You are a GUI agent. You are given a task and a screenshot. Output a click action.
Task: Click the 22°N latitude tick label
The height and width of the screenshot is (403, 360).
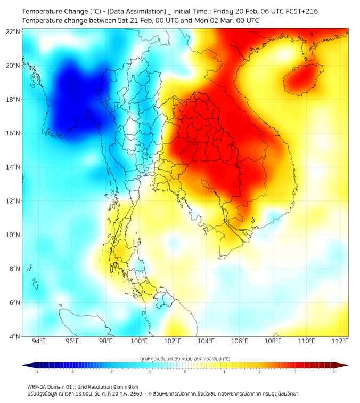[x=13, y=31]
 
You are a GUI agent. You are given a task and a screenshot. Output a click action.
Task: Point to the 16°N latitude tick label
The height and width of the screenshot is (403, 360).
[x=13, y=133]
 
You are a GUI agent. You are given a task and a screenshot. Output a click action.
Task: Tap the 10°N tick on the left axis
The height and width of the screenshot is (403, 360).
[x=13, y=235]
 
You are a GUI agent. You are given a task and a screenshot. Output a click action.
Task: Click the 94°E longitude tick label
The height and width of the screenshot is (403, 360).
[x=39, y=342]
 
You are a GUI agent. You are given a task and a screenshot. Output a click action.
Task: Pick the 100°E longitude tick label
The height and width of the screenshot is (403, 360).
[x=139, y=342]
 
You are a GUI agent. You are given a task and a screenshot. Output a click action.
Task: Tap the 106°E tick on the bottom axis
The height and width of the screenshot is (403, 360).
[x=240, y=342]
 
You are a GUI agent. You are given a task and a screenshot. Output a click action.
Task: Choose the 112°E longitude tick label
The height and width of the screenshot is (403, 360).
[x=340, y=342]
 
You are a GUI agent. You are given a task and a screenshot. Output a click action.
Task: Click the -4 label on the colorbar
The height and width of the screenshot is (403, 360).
[x=36, y=372]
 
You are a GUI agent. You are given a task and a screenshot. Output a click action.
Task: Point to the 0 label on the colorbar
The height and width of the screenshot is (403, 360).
[x=185, y=372]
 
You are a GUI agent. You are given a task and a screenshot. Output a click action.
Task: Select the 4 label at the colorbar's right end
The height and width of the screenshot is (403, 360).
[x=334, y=372]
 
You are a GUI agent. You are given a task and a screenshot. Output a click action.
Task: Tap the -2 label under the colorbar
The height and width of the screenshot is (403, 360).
[x=111, y=372]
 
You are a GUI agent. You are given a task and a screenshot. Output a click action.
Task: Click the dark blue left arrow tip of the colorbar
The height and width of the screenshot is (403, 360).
[x=24, y=365]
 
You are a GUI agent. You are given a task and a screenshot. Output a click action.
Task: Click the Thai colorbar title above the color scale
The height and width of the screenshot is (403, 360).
[x=185, y=358]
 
